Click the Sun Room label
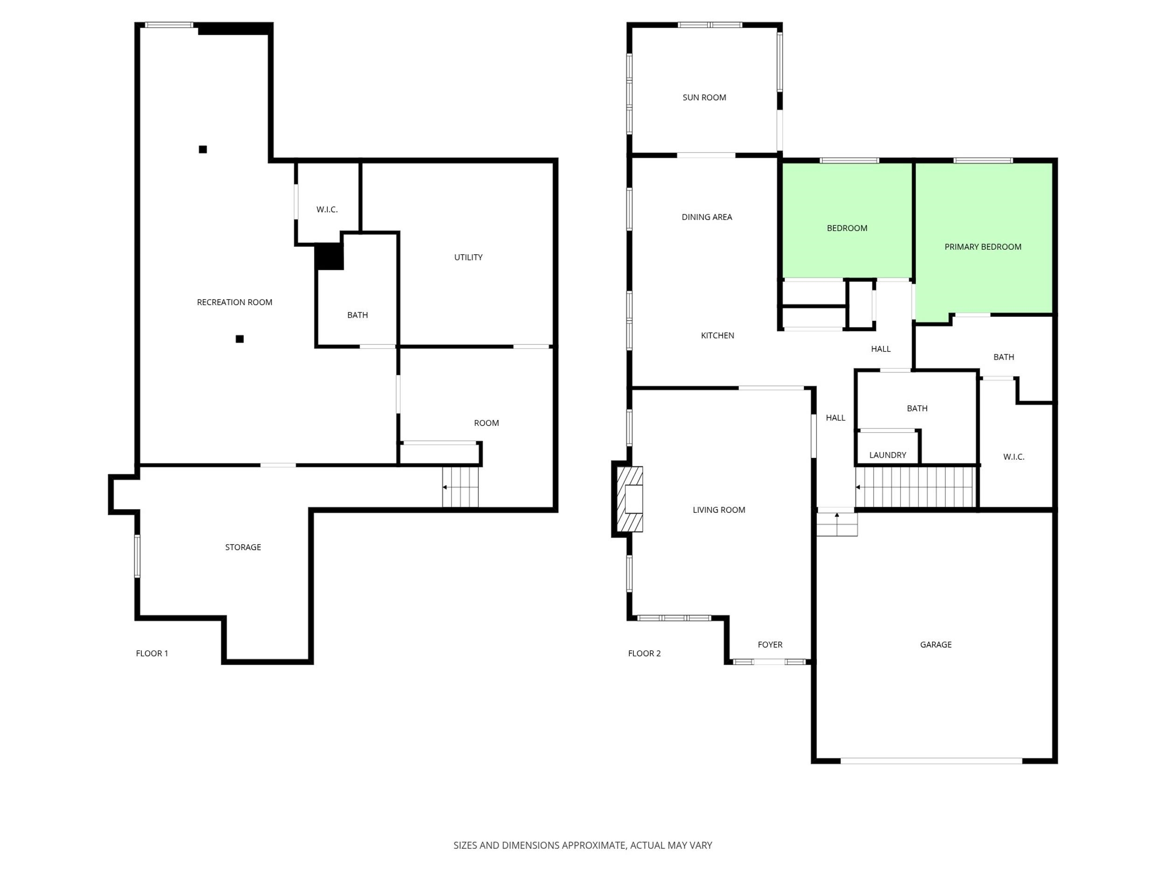point(704,98)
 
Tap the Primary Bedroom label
point(983,247)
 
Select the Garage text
point(936,644)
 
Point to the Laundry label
point(888,455)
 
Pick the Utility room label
point(468,258)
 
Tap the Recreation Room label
point(235,302)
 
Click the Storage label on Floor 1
point(243,547)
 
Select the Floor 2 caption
point(644,653)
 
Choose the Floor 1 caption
point(152,653)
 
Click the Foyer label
point(770,644)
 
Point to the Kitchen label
point(717,336)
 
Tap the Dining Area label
point(707,217)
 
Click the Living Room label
point(719,510)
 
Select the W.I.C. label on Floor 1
point(327,210)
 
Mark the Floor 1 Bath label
point(357,315)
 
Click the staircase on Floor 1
point(460,487)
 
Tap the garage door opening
point(931,761)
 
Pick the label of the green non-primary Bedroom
point(847,228)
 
